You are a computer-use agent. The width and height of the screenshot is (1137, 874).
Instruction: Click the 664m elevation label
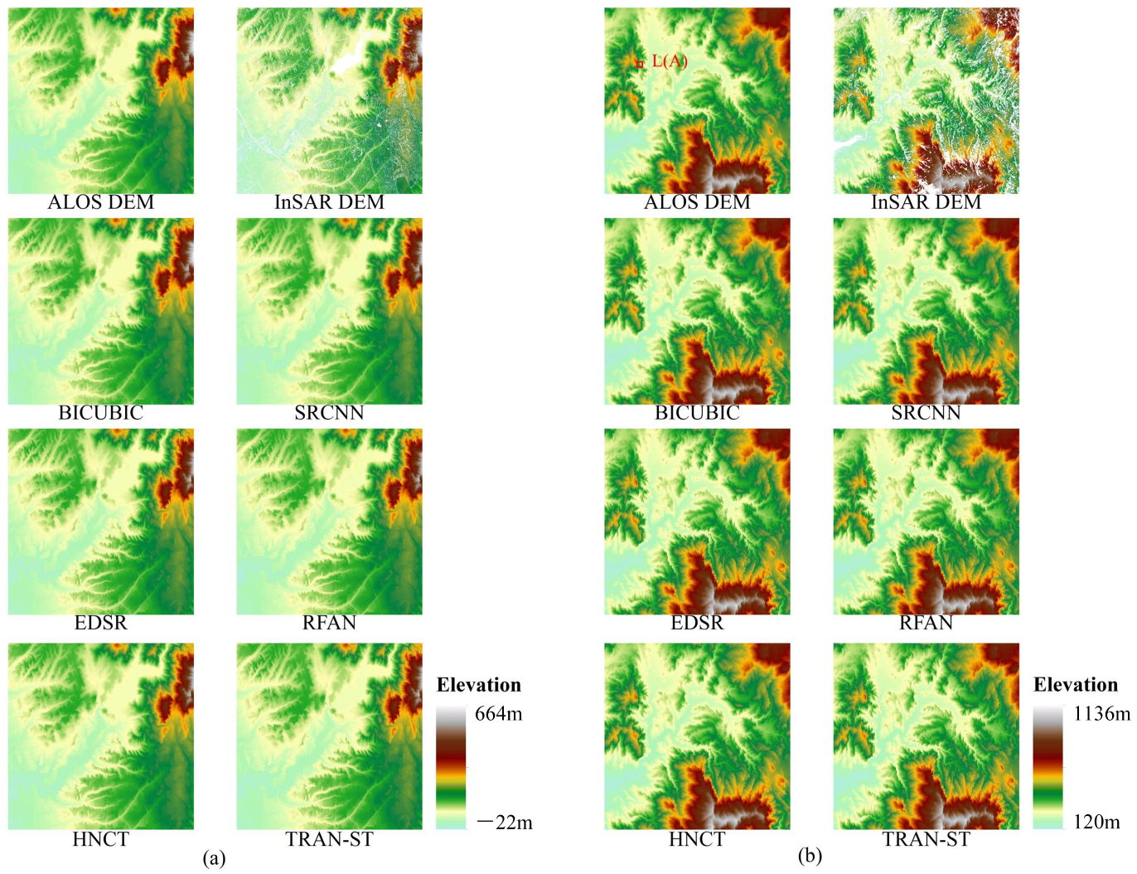498,714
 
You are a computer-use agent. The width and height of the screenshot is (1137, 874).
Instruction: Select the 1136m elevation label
1101,714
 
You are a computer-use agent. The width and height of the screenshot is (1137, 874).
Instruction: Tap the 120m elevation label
1096,823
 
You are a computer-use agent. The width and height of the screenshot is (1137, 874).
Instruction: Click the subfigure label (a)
214,858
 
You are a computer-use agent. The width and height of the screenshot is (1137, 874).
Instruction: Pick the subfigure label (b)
810,856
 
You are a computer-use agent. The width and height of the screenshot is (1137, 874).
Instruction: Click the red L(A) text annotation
670,61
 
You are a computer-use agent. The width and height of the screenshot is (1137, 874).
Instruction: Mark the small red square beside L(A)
640,64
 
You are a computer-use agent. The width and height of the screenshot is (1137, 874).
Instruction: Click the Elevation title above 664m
479,685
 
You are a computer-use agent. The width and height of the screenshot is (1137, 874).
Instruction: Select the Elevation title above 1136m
1076,685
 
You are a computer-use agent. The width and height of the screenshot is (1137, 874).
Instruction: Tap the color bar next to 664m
451,768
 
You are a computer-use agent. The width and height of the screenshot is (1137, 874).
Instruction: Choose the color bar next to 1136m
1047,768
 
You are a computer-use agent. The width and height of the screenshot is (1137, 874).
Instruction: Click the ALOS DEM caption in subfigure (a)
101,202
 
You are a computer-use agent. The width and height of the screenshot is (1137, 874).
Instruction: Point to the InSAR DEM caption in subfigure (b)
926,202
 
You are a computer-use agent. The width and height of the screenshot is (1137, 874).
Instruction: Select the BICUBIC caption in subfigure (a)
101,413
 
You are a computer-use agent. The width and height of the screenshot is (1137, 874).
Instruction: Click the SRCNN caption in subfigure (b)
926,413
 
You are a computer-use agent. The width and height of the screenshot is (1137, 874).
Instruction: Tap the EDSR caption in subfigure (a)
101,624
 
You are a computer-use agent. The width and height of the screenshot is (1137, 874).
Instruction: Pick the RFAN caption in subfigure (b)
926,624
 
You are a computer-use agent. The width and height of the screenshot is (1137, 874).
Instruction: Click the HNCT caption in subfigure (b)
697,839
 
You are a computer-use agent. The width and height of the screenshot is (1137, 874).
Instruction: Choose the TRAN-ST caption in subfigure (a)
329,839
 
